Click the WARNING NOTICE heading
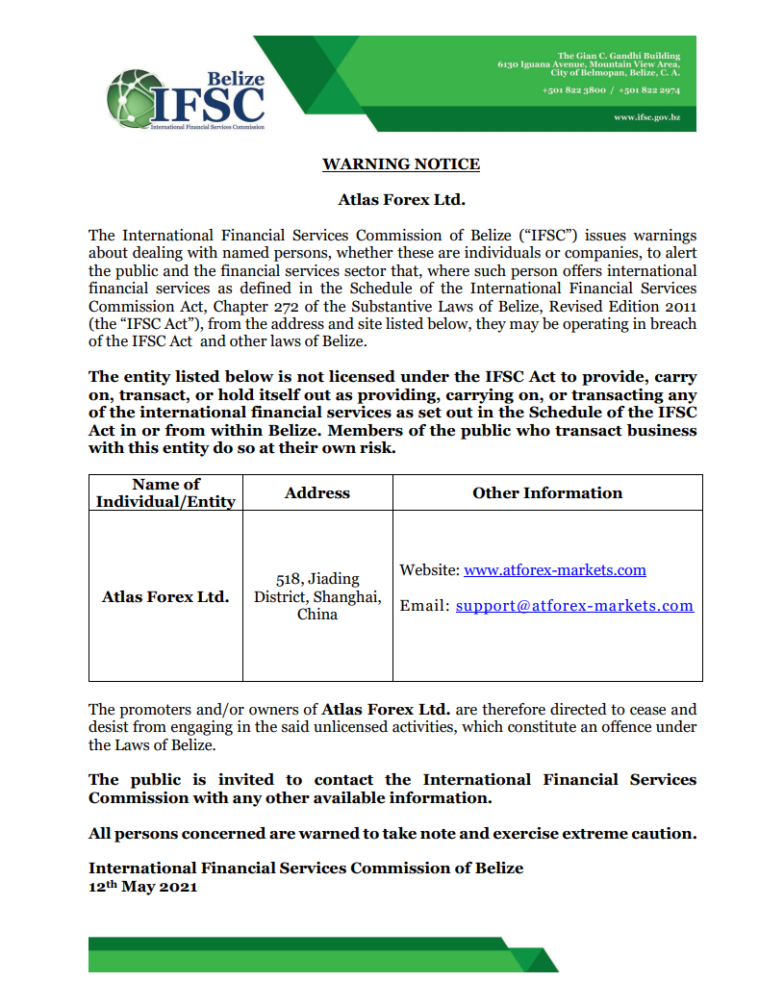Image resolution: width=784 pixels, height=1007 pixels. click(x=401, y=164)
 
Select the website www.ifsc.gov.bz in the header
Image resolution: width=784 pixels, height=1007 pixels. click(x=646, y=116)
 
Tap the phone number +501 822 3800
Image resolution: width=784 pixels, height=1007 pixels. click(x=573, y=89)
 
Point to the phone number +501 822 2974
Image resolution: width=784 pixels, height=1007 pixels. click(x=649, y=89)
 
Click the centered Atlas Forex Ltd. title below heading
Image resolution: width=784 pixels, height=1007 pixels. click(x=401, y=200)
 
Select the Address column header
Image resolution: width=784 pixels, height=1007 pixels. click(x=317, y=492)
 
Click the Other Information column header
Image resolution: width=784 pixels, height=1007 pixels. click(x=547, y=492)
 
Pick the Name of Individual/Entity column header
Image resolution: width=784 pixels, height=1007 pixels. click(x=165, y=492)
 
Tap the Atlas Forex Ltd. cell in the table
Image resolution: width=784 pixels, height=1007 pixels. click(x=165, y=596)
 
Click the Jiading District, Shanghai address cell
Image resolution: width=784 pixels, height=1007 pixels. click(x=317, y=596)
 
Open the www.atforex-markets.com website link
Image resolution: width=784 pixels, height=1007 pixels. click(x=555, y=570)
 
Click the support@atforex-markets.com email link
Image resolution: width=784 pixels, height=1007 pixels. click(x=574, y=606)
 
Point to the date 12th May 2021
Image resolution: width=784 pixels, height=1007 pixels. click(x=142, y=887)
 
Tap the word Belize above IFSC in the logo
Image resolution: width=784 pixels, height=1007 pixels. click(x=236, y=79)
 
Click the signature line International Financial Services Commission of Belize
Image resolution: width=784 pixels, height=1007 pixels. click(x=306, y=868)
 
